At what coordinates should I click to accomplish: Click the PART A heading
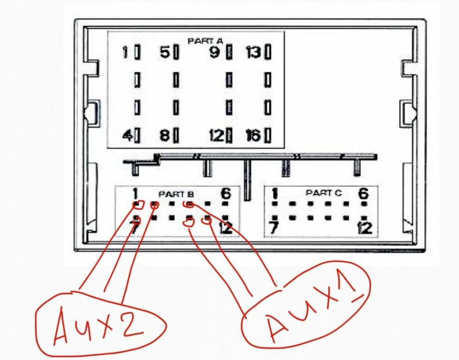click(x=205, y=41)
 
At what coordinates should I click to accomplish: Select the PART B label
click(x=174, y=194)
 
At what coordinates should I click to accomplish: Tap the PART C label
click(x=324, y=193)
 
